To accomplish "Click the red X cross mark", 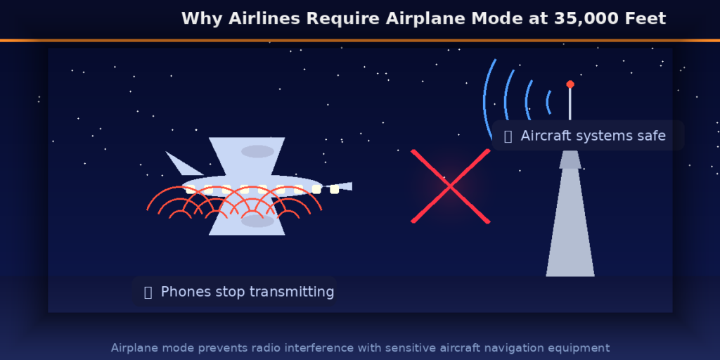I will pyautogui.click(x=450, y=186).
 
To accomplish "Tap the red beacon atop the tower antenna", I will pyautogui.click(x=570, y=84).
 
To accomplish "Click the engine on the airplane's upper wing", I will pyautogui.click(x=257, y=151).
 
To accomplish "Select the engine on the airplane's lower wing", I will pyautogui.click(x=257, y=221).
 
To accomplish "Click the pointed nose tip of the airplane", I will pyautogui.click(x=350, y=186).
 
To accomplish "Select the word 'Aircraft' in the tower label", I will pyautogui.click(x=546, y=136).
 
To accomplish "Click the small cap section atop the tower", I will pyautogui.click(x=570, y=160).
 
